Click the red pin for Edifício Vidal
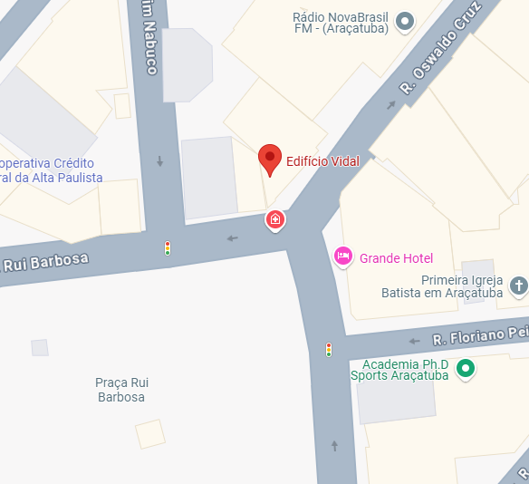click(269, 158)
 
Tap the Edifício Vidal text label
click(322, 161)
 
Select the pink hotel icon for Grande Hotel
click(343, 257)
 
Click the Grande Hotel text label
click(396, 258)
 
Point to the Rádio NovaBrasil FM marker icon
click(405, 20)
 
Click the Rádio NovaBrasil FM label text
click(341, 23)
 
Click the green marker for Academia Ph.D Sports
click(466, 368)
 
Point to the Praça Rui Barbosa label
click(120, 390)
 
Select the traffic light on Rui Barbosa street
click(167, 247)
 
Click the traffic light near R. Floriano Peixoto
click(329, 349)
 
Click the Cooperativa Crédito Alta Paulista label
click(50, 170)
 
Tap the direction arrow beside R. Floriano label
click(414, 342)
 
